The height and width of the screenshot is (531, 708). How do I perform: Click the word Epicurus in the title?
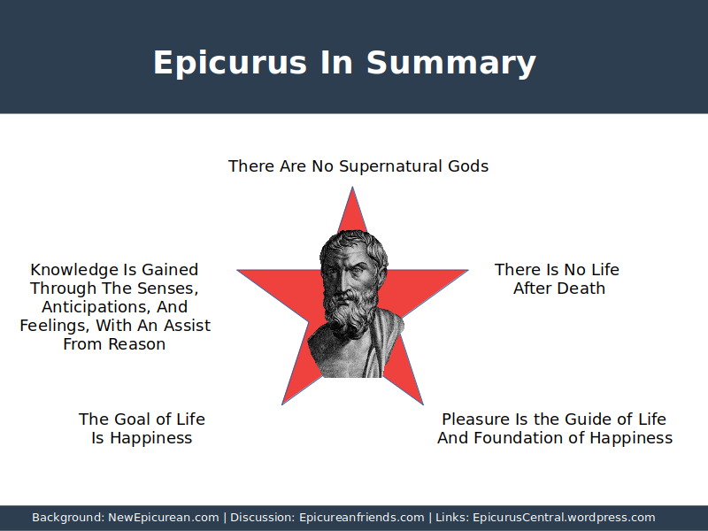point(230,63)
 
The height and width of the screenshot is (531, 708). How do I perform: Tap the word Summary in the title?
point(451,63)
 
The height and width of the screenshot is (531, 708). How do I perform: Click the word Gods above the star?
point(468,166)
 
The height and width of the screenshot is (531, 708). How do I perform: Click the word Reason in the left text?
point(136,344)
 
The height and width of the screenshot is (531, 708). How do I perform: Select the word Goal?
point(133,419)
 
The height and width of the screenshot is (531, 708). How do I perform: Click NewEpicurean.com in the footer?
point(164,518)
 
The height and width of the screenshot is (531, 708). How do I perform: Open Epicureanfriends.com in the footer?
point(362,518)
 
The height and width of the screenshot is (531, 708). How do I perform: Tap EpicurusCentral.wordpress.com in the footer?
point(564,518)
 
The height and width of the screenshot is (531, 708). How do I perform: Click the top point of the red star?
point(352,187)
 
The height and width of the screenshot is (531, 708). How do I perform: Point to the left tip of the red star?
point(237,270)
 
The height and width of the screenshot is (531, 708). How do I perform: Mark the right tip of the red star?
point(468,270)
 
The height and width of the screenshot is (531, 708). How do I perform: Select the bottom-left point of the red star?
point(282,404)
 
